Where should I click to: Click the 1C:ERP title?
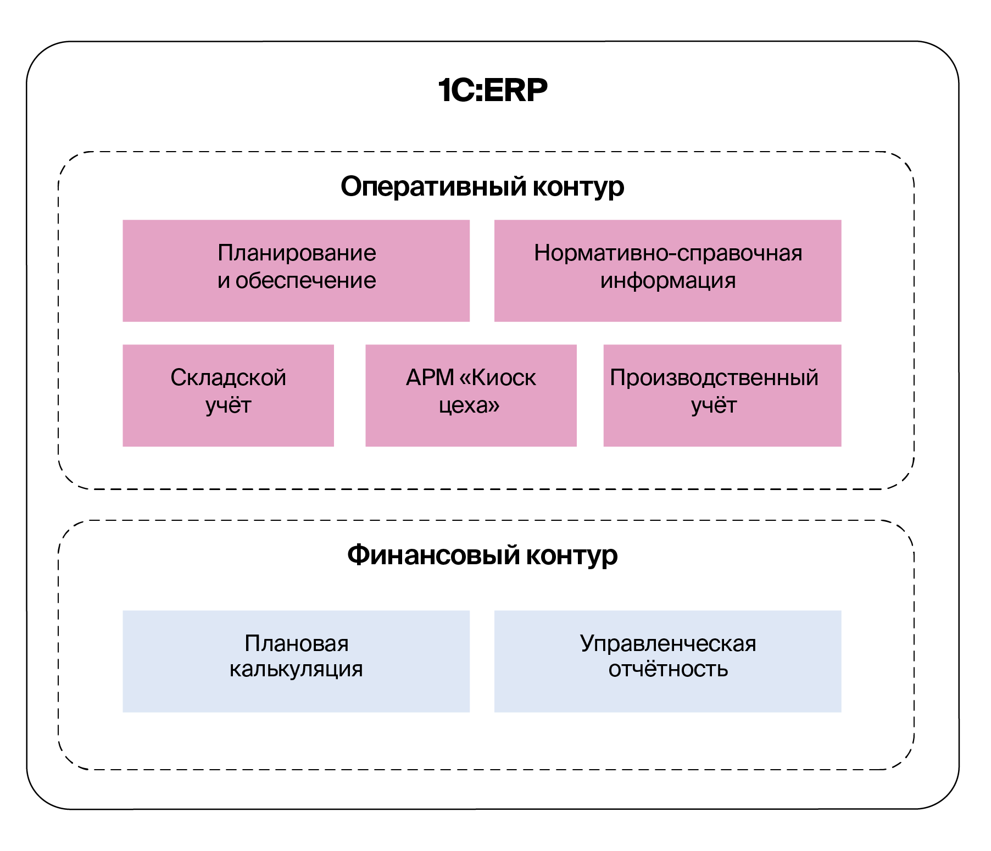pos(493,90)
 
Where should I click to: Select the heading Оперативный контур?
pos(482,186)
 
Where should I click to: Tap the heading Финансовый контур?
pos(482,555)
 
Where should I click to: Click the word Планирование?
pos(297,253)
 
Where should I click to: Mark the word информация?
pos(668,281)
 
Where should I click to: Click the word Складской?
pos(229,378)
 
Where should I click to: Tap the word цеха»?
pos(470,405)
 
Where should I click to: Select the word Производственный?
pos(714,378)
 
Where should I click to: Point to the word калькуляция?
pos(296,669)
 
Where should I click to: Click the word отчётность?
pos(668,669)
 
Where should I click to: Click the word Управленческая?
pos(668,643)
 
